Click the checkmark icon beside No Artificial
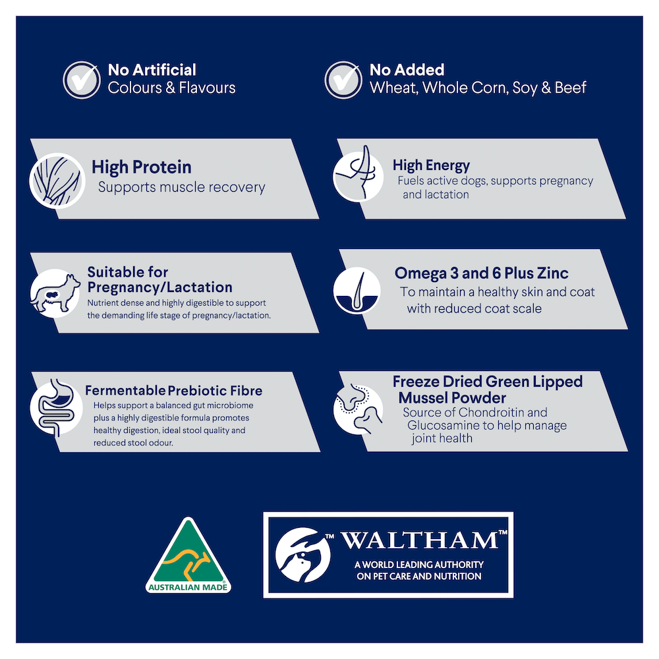pyautogui.click(x=82, y=80)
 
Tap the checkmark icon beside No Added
pyautogui.click(x=343, y=80)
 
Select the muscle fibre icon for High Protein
pyautogui.click(x=57, y=181)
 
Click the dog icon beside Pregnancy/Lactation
pyautogui.click(x=55, y=293)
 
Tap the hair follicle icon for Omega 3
pyautogui.click(x=357, y=290)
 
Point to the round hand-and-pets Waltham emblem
pyautogui.click(x=302, y=555)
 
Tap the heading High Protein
pyautogui.click(x=142, y=167)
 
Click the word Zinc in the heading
pyautogui.click(x=552, y=273)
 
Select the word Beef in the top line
pyautogui.click(x=570, y=88)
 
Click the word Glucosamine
pyautogui.click(x=444, y=425)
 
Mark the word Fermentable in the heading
pyautogui.click(x=125, y=390)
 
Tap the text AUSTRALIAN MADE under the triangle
pyautogui.click(x=188, y=587)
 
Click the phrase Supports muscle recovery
pyautogui.click(x=182, y=187)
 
